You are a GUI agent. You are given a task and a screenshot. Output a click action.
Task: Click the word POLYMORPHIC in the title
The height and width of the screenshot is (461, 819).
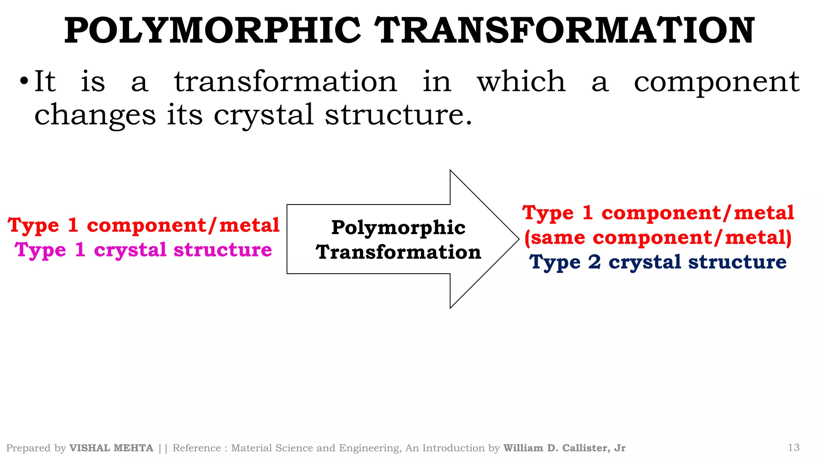(x=212, y=31)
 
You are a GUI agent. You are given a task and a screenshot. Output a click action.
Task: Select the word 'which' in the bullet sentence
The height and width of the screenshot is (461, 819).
(x=521, y=82)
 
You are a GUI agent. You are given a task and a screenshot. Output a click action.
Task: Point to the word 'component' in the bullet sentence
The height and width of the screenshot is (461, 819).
(x=717, y=82)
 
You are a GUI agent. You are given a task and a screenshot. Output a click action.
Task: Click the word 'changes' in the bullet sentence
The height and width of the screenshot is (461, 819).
(x=95, y=115)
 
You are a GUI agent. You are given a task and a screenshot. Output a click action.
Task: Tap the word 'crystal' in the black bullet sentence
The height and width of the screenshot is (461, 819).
(x=264, y=115)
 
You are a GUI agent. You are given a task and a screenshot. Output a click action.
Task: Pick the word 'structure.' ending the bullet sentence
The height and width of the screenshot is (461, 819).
(x=398, y=115)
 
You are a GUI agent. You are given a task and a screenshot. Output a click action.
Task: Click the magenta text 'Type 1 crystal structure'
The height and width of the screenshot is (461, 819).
(x=143, y=250)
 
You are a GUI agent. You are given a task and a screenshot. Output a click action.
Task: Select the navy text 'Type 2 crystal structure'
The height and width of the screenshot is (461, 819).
(x=658, y=263)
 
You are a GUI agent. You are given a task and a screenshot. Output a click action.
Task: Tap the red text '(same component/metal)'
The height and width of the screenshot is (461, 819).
(x=658, y=238)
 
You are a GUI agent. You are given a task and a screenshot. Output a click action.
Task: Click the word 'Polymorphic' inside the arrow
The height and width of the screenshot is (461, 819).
(x=398, y=228)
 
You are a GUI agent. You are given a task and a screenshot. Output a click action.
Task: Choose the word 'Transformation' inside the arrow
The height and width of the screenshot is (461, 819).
(x=398, y=252)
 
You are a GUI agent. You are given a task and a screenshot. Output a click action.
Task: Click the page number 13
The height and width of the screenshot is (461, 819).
(x=793, y=447)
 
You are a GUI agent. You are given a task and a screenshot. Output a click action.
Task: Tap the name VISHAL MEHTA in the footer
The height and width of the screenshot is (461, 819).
(x=111, y=448)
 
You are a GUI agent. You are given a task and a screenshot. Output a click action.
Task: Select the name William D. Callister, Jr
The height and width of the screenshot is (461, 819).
(x=564, y=448)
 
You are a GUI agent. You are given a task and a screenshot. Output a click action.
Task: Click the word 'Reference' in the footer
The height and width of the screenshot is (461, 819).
(x=197, y=448)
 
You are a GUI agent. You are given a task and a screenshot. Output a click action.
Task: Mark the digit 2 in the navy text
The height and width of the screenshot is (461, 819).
(x=594, y=263)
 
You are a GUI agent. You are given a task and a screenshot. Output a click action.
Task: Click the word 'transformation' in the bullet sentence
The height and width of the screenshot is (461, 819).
(x=286, y=82)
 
